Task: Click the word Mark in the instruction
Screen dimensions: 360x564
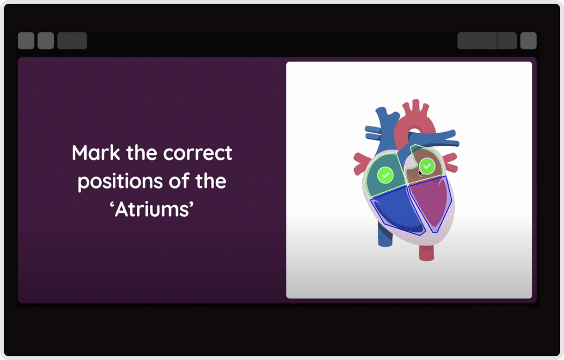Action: click(95, 154)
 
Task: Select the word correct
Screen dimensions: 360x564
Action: click(197, 154)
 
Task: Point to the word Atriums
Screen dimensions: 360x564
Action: click(152, 210)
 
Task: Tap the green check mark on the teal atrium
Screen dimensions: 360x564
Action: click(385, 175)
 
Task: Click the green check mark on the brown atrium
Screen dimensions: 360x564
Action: click(427, 166)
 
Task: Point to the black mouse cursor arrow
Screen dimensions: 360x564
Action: click(421, 173)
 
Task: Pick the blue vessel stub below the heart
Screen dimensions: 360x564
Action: click(384, 238)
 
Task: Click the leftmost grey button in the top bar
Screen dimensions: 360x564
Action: click(26, 41)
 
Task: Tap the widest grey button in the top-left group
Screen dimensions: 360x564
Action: click(72, 41)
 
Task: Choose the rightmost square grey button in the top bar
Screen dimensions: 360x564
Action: click(528, 41)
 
